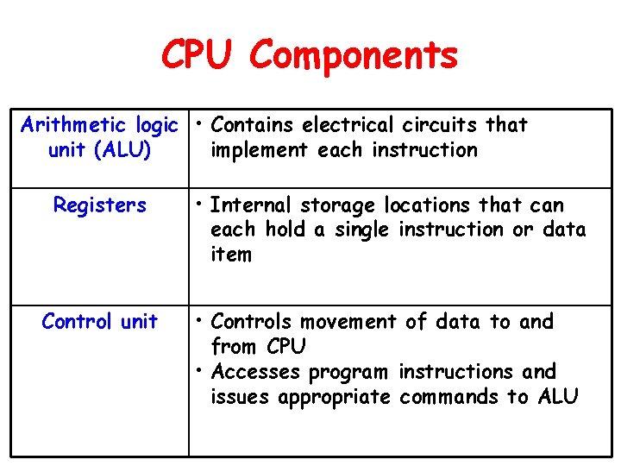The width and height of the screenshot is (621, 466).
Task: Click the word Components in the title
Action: (x=354, y=56)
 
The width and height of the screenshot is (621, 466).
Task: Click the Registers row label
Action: (x=100, y=205)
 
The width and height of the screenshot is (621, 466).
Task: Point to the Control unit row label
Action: (x=100, y=322)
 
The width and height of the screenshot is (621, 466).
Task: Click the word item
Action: (x=231, y=255)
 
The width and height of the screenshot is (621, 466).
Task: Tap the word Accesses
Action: (x=254, y=372)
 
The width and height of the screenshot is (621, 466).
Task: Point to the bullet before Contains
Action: (x=199, y=125)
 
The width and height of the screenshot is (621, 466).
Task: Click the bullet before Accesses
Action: (x=199, y=372)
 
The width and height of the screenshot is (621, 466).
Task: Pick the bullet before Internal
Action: (x=199, y=205)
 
